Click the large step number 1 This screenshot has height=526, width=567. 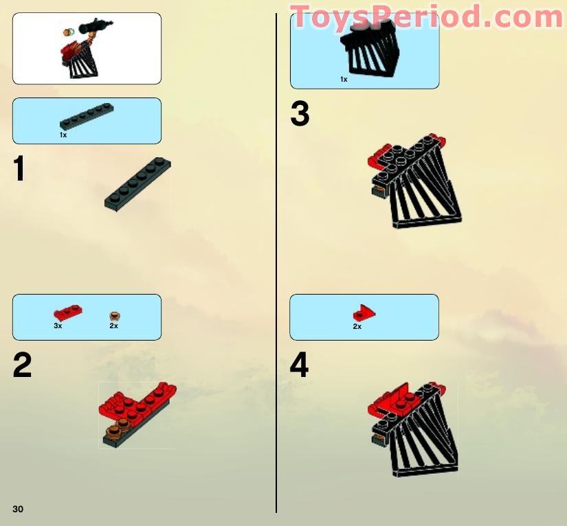pos(20,169)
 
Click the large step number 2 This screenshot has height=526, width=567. pos(22,366)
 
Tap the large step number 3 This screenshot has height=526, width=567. pos(300,114)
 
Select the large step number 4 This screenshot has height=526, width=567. pos(300,366)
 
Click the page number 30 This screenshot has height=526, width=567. pos(18,508)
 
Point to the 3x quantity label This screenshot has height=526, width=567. pos(58,325)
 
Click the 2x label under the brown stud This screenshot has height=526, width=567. pos(113,325)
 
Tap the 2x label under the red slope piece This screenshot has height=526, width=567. pos(357,327)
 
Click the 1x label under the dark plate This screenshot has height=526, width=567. pos(63,135)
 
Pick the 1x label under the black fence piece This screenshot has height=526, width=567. pos(344,80)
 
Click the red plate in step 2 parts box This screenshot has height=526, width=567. pos(68,313)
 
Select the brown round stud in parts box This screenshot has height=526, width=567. pos(115,316)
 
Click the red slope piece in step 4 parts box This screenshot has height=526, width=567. pos(364,313)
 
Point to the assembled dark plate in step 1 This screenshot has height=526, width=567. pos(137,185)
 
